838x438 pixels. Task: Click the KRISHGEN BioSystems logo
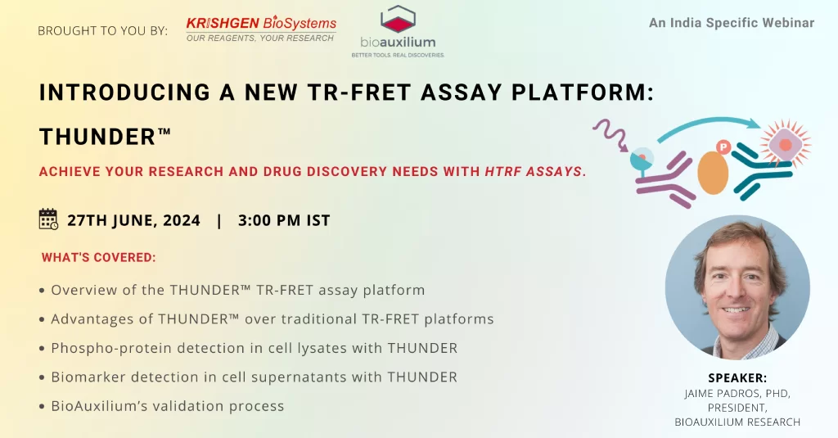pos(261,29)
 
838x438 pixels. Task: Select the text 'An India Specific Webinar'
pos(732,23)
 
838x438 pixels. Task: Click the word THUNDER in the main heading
pos(98,137)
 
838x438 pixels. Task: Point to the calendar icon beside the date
pos(48,219)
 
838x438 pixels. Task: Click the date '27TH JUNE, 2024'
pos(133,220)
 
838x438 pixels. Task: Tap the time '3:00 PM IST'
pos(284,220)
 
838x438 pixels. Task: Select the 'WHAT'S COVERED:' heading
pos(99,257)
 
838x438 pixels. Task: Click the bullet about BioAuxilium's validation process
pos(162,406)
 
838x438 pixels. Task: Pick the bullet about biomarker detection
pos(249,377)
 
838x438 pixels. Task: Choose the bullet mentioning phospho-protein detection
pos(249,348)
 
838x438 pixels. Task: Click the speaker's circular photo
pos(737,287)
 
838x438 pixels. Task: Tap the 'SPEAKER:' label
pos(737,378)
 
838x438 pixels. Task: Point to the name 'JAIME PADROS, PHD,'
pos(737,394)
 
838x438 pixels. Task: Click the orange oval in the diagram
pos(713,173)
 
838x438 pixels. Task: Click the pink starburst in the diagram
pos(785,144)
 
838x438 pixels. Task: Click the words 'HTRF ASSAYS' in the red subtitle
pos(533,172)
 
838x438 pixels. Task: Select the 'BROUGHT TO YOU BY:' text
pos(102,31)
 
